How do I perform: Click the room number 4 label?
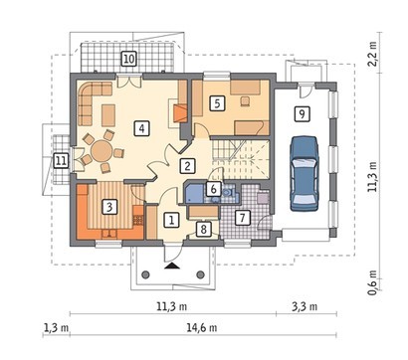tap(141, 128)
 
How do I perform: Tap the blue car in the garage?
tap(304, 173)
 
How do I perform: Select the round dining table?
tap(102, 151)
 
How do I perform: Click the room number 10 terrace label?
tap(128, 59)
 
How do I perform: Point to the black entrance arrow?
tap(172, 265)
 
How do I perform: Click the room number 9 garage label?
tap(302, 114)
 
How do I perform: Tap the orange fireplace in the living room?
tap(180, 113)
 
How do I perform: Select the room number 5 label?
tap(217, 103)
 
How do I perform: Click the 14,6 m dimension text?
tap(202, 328)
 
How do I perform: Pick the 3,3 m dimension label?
tap(305, 306)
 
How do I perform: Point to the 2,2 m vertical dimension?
tap(373, 54)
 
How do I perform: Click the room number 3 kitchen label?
tap(109, 207)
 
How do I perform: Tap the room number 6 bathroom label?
tap(213, 189)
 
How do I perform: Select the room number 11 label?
tap(61, 161)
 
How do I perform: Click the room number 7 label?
tap(242, 218)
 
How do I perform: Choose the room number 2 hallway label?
tap(187, 166)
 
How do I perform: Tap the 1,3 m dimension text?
tap(56, 328)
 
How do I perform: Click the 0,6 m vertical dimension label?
tap(373, 282)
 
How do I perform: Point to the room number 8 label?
tap(203, 229)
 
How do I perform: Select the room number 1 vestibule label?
tap(171, 220)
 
